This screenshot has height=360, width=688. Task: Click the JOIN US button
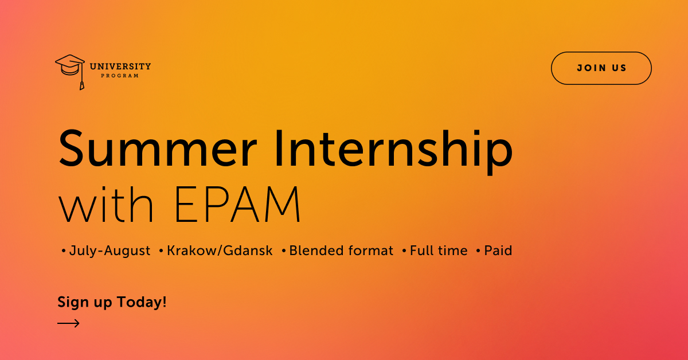[601, 68]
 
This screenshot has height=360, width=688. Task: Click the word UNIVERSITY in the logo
[120, 66]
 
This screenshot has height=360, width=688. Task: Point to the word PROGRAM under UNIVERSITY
[120, 76]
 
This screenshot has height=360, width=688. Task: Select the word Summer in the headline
[158, 148]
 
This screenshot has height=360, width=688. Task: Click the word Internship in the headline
[394, 152]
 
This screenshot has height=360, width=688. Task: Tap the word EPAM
[237, 204]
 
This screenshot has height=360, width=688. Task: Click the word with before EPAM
[105, 204]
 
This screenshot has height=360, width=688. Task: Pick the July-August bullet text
[110, 251]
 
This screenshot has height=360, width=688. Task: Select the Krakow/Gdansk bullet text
[220, 251]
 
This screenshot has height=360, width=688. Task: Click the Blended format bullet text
[341, 251]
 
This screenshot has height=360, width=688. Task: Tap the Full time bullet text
[439, 251]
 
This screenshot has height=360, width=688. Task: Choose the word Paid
[498, 251]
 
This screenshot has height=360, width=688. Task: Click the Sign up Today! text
[112, 302]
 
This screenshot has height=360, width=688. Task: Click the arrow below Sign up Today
[68, 323]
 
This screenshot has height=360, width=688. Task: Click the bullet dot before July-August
[64, 251]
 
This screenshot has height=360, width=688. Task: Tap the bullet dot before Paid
[478, 251]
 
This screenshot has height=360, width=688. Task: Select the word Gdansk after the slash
[248, 251]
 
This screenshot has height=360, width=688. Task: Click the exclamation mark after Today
[165, 302]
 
